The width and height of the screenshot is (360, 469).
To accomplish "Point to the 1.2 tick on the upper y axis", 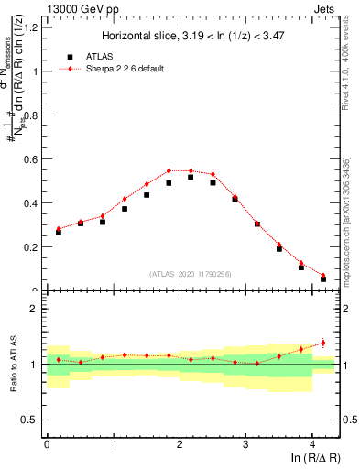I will (29, 27).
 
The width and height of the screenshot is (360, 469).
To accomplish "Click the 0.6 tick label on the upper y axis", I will (29, 159).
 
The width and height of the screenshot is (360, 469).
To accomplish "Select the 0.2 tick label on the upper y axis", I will (29, 247).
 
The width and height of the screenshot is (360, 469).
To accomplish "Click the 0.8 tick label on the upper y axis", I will (29, 115).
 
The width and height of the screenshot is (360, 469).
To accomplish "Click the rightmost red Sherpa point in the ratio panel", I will (322, 343).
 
